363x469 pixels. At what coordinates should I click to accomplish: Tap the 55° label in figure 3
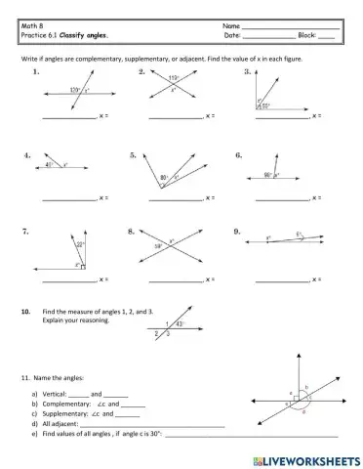[264, 106]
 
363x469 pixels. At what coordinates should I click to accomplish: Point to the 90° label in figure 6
[267, 175]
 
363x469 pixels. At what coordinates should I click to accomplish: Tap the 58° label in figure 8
[159, 247]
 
